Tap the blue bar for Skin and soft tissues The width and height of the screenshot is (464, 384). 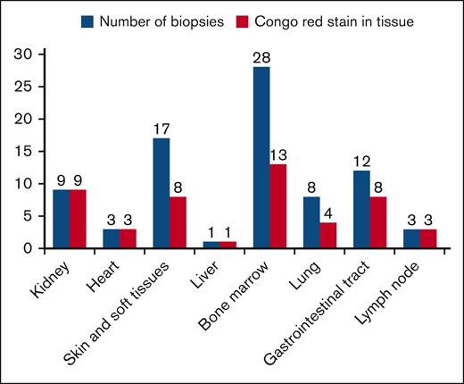pos(161,193)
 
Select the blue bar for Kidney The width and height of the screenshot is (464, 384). pos(61,219)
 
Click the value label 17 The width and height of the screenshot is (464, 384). pos(161,129)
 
